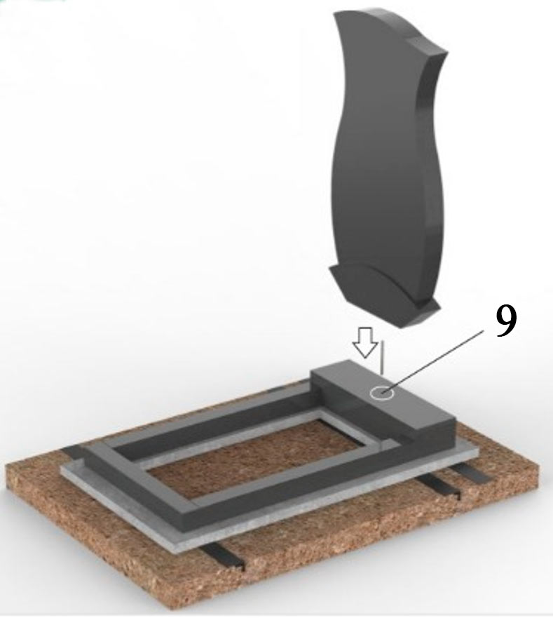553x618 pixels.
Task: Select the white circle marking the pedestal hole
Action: pyautogui.click(x=382, y=393)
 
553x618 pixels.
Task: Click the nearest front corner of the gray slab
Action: pyautogui.click(x=179, y=550)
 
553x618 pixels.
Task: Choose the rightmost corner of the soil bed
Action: pyautogui.click(x=538, y=469)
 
